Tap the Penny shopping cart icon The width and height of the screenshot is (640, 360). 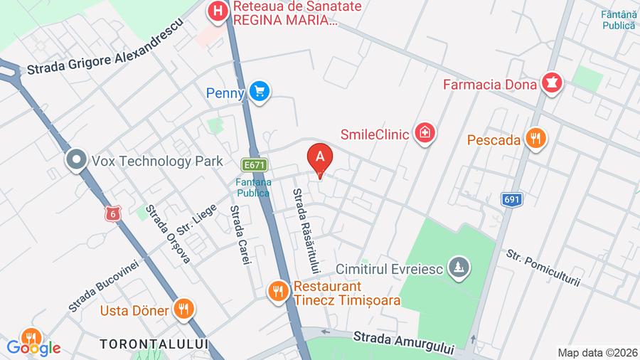point(260,92)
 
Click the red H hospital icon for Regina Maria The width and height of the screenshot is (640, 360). point(218,11)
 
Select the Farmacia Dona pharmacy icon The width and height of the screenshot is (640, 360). point(552,83)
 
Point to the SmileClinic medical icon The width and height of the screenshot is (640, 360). point(425,132)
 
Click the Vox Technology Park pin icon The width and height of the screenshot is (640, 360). point(75,161)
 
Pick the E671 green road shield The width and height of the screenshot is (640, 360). point(253,164)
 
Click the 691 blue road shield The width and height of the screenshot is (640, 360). point(511,199)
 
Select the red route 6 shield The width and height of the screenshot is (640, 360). point(111,213)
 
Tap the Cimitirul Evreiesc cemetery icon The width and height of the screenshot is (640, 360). point(460,267)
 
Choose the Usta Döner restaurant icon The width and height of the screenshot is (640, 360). point(183,309)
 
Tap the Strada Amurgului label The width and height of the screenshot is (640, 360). point(403,339)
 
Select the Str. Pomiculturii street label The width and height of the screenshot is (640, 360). point(543,268)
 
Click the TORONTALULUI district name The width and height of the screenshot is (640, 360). point(154,344)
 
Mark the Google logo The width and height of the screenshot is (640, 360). point(33,348)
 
